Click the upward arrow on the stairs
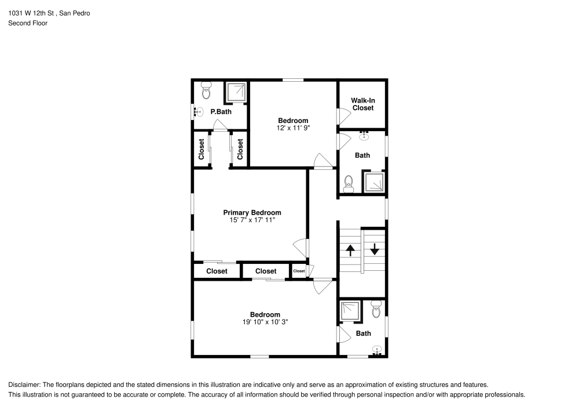pyautogui.click(x=350, y=250)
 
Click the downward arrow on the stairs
pyautogui.click(x=375, y=249)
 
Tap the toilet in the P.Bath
pyautogui.click(x=206, y=90)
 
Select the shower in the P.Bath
pyautogui.click(x=235, y=93)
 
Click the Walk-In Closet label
pyautogui.click(x=363, y=104)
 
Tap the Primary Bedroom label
pyautogui.click(x=252, y=213)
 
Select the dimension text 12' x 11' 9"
pyautogui.click(x=294, y=128)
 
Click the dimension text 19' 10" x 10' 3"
pyautogui.click(x=265, y=322)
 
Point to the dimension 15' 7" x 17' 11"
pyautogui.click(x=252, y=220)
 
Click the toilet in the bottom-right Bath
pyautogui.click(x=375, y=309)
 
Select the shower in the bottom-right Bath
pyautogui.click(x=350, y=311)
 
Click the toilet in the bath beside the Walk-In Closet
pyautogui.click(x=349, y=184)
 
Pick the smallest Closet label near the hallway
pyautogui.click(x=299, y=271)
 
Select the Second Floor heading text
pyautogui.click(x=28, y=23)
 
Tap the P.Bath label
pyautogui.click(x=221, y=111)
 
